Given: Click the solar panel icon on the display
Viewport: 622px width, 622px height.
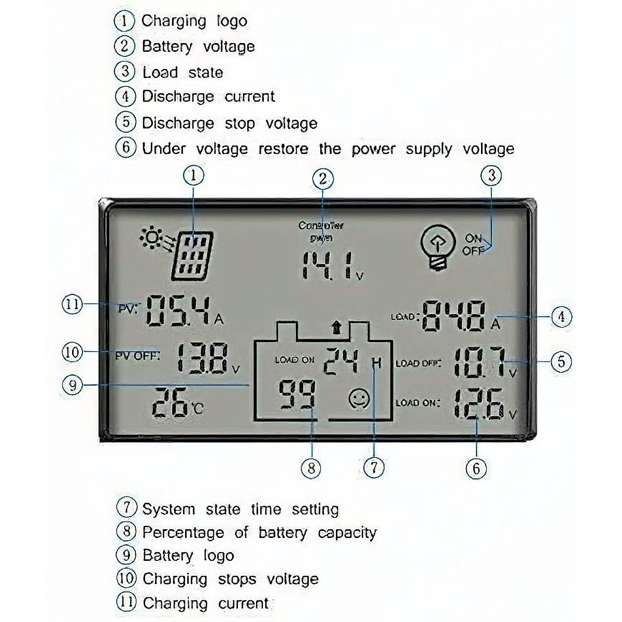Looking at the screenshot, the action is (192, 256).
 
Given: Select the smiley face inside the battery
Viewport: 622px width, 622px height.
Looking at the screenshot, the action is (359, 398).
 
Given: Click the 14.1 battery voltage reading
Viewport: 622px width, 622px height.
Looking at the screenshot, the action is (329, 266).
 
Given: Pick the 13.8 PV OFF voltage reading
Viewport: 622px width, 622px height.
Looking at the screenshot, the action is (203, 358).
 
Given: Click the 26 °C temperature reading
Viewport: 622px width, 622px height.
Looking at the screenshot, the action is (171, 402).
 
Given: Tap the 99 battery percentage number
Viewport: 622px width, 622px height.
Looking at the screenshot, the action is (297, 395).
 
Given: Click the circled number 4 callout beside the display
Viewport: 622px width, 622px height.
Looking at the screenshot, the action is (561, 316).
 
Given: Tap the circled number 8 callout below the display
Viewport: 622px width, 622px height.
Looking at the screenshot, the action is (311, 469).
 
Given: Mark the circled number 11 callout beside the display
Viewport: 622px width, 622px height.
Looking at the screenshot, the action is (72, 304).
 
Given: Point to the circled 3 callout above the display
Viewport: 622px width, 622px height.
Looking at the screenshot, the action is (491, 176).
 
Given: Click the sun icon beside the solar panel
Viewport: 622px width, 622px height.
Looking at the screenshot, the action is (151, 238).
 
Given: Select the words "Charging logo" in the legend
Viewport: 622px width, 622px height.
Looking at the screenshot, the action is (194, 21).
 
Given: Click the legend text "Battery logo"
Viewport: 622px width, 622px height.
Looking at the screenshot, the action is (188, 556).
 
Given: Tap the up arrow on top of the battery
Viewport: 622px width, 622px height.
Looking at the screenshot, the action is (337, 327).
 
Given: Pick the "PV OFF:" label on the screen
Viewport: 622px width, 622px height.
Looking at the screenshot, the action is (137, 356).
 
